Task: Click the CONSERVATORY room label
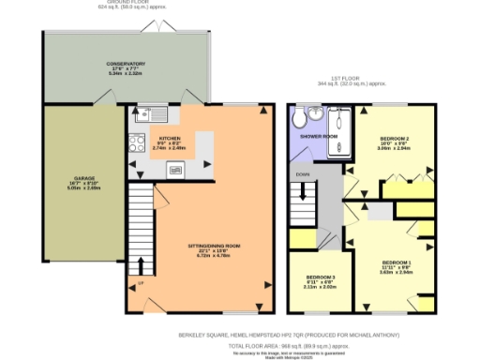125,64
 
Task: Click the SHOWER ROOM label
318,136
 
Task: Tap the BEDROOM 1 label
396,262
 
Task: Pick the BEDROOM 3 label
322,278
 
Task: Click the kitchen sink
149,116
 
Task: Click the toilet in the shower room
299,118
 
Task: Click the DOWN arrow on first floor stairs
302,175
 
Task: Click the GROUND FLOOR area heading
125,4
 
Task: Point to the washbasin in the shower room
316,114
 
